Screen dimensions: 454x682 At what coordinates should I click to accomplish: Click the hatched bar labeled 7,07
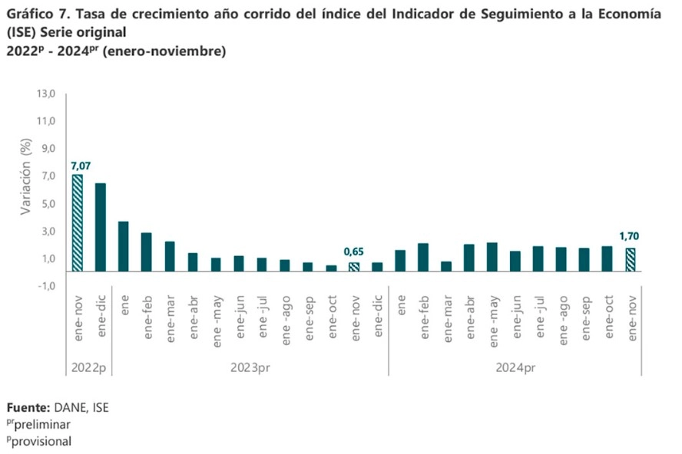coord(78,222)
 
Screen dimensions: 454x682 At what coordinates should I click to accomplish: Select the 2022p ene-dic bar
coord(101,227)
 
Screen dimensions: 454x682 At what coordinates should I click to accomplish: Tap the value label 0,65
coord(353,252)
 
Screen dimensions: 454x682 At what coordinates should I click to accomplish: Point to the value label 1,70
coord(630,237)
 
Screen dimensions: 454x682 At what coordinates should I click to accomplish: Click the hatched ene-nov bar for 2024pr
coord(630,260)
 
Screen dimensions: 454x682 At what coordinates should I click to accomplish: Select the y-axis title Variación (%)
coord(26,178)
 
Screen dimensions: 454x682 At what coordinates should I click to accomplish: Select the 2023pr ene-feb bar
coord(147,252)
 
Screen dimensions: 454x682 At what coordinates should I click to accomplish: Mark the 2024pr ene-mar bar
coord(445,266)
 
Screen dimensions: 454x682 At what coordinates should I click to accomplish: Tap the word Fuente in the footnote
coord(28,407)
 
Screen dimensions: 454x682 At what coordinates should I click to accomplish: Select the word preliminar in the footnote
coord(43,424)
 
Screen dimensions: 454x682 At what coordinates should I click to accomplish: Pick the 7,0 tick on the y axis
coord(48,176)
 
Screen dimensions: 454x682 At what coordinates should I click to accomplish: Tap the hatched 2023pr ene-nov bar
coord(353,267)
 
